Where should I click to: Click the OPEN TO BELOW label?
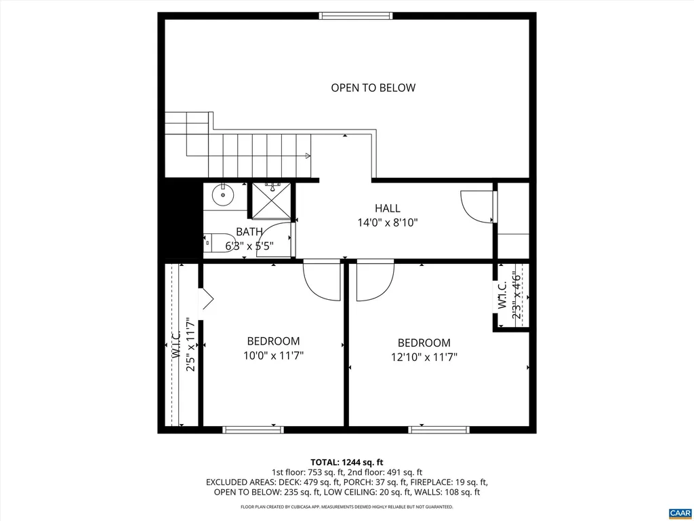(x=373, y=88)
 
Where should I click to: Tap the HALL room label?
(x=387, y=208)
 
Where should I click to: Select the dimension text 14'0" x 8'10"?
(x=387, y=222)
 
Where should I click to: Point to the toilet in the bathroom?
(x=216, y=242)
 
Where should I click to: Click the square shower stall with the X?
(x=271, y=201)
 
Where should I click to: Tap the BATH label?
(x=249, y=232)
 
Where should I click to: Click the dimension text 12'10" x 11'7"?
(x=424, y=356)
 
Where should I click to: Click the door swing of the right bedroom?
(x=373, y=279)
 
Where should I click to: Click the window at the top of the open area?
(x=356, y=16)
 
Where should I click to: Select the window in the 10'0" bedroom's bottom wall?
(x=253, y=429)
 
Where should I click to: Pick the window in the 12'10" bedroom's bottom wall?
(x=438, y=429)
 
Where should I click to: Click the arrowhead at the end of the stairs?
(x=308, y=156)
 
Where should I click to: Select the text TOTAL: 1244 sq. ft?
(x=347, y=462)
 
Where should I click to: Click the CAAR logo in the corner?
(x=678, y=512)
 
